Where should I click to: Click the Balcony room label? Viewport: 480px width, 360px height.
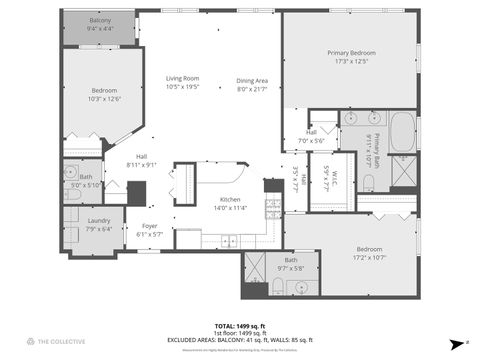pyautogui.click(x=100, y=20)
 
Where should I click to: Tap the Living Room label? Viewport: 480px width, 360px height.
pyautogui.click(x=182, y=78)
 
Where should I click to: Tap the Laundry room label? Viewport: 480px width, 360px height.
pyautogui.click(x=99, y=220)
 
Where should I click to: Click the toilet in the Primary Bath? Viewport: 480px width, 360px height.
pyautogui.click(x=367, y=182)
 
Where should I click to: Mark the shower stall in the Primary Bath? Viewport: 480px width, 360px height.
pyautogui.click(x=403, y=173)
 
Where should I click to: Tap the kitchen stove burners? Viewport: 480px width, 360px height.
pyautogui.click(x=271, y=207)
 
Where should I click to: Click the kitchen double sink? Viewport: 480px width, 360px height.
pyautogui.click(x=229, y=240)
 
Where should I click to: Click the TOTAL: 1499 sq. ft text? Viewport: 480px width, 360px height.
pyautogui.click(x=240, y=326)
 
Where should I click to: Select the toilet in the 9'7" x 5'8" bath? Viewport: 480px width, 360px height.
pyautogui.click(x=277, y=287)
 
